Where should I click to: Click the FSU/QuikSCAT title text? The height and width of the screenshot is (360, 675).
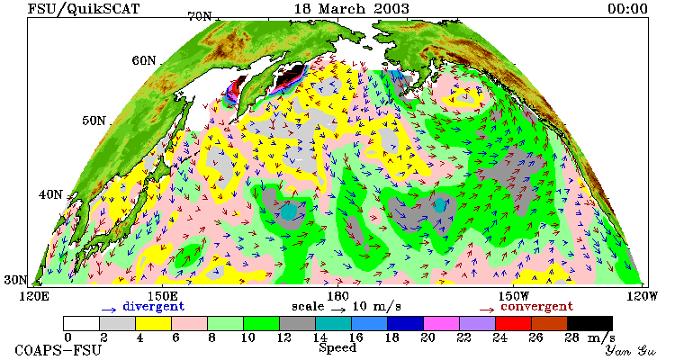(x=84, y=9)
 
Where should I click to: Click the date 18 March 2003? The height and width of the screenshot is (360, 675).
(x=351, y=9)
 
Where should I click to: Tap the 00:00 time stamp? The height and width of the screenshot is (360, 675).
(x=627, y=9)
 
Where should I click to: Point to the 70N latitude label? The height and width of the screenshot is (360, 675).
(x=200, y=16)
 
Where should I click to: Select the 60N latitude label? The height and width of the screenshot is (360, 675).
(x=144, y=60)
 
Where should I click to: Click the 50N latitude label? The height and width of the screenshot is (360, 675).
(x=94, y=121)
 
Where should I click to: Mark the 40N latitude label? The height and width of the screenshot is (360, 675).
(x=50, y=194)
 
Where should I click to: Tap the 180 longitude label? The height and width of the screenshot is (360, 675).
(x=337, y=296)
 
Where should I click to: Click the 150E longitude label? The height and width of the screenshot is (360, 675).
(x=162, y=296)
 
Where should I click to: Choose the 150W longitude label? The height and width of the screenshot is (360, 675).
(x=513, y=296)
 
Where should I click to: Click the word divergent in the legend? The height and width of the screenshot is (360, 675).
(x=154, y=307)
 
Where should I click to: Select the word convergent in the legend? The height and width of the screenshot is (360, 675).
(x=536, y=307)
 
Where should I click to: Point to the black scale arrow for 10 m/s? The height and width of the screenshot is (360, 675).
(x=338, y=310)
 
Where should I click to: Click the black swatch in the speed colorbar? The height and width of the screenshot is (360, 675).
(x=589, y=323)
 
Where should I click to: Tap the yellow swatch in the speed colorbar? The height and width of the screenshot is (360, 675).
(x=153, y=323)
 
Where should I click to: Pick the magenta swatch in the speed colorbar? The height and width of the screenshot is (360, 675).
(x=441, y=323)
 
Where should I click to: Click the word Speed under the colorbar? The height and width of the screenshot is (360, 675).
(x=337, y=347)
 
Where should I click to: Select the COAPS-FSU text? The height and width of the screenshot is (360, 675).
(x=58, y=350)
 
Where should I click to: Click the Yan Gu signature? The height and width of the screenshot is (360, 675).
(x=631, y=350)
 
